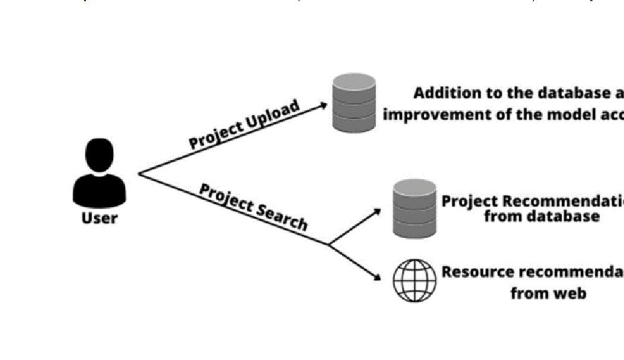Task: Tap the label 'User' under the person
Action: pyautogui.click(x=99, y=217)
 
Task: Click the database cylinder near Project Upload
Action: pyautogui.click(x=354, y=103)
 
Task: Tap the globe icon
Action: pyautogui.click(x=414, y=280)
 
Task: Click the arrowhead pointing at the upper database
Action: pyautogui.click(x=323, y=105)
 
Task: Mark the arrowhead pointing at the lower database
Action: pyautogui.click(x=376, y=210)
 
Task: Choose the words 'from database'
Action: pyautogui.click(x=541, y=216)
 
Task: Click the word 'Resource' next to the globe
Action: pyautogui.click(x=477, y=272)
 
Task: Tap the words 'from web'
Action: pyautogui.click(x=547, y=293)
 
